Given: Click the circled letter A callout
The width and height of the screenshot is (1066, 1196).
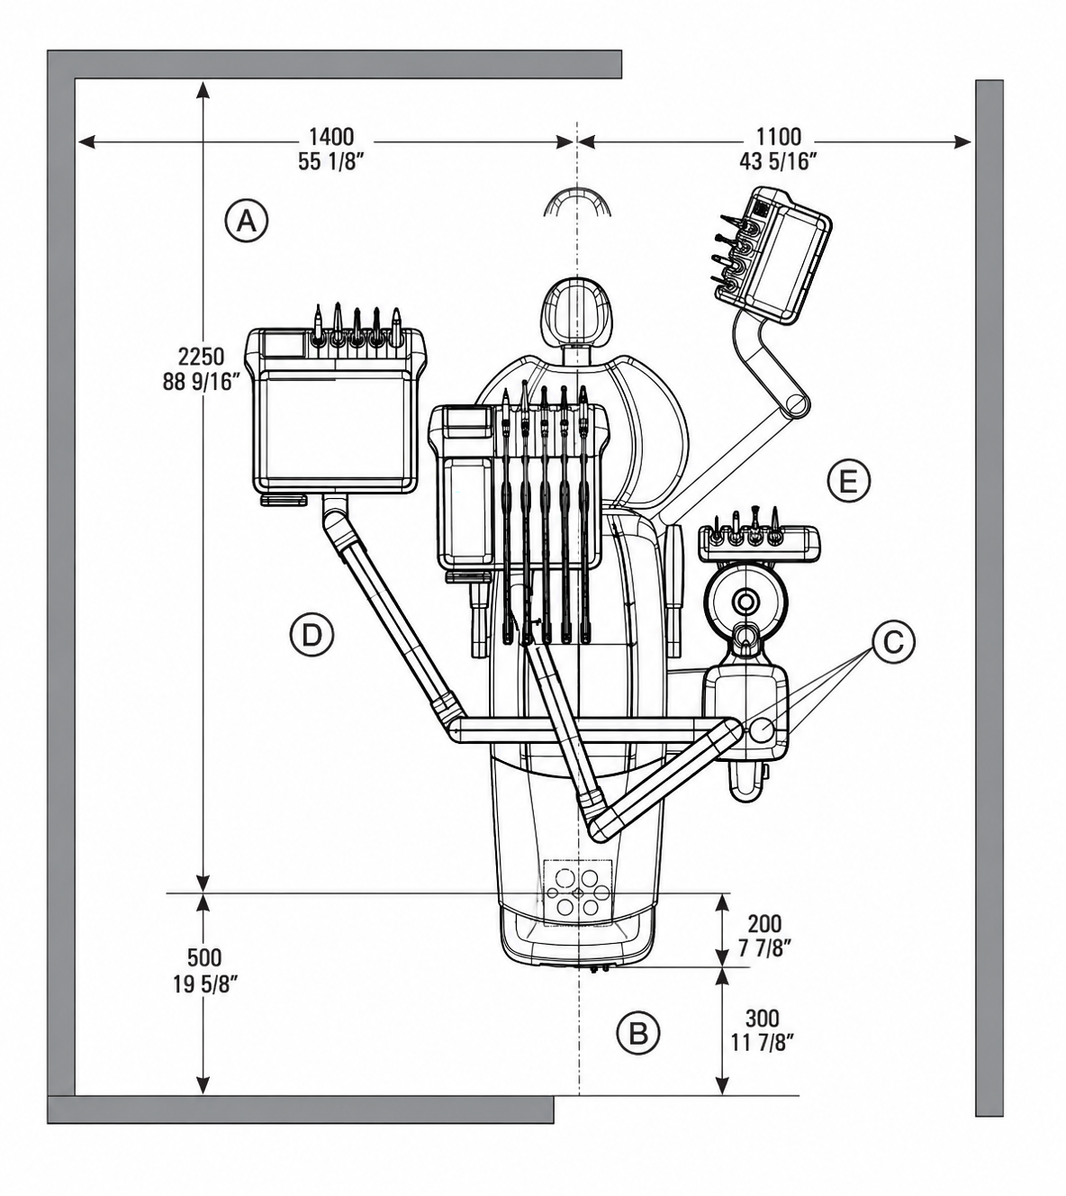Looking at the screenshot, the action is point(247,222).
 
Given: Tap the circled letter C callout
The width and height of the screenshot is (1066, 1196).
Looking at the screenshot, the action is point(893,642).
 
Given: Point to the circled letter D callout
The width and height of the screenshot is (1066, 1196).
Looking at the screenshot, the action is point(312,635).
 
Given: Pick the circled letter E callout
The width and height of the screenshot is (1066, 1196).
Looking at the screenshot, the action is point(848,481).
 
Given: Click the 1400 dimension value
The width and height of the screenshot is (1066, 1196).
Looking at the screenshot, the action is point(331,137).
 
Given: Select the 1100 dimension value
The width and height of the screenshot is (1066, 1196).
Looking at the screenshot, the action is point(779,137).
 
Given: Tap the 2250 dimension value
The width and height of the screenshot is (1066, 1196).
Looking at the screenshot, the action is point(202,358).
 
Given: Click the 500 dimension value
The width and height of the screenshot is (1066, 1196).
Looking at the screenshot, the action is point(204,958).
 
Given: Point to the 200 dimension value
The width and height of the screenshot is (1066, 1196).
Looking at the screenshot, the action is point(764,924).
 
